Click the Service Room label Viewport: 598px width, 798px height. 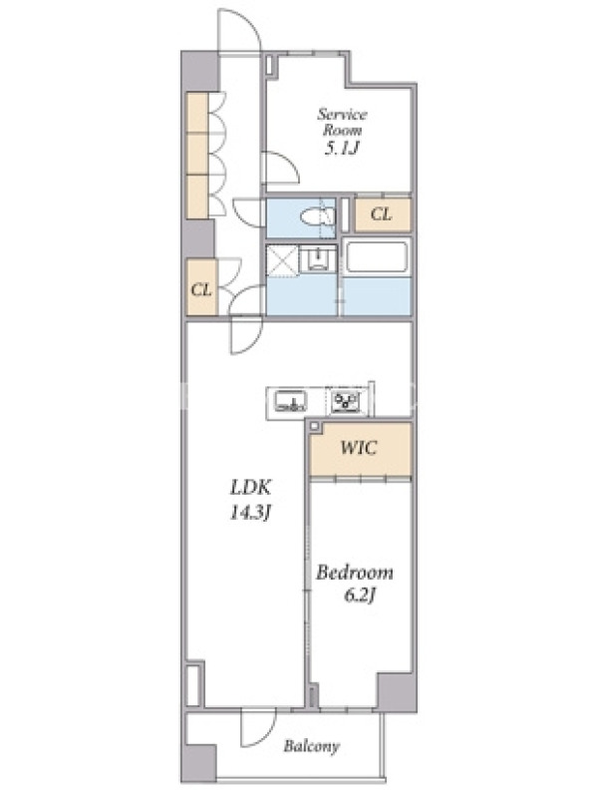pyautogui.click(x=342, y=122)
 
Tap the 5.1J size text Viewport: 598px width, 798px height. pyautogui.click(x=342, y=148)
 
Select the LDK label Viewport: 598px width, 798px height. pyautogui.click(x=251, y=488)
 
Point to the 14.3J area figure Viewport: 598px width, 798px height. pyautogui.click(x=250, y=513)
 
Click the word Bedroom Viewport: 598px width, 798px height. pyautogui.click(x=355, y=573)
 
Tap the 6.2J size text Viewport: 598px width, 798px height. pyautogui.click(x=360, y=595)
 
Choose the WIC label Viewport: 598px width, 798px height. pyautogui.click(x=359, y=448)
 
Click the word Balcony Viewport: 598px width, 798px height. pyautogui.click(x=311, y=746)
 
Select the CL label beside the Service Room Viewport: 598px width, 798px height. pyautogui.click(x=382, y=214)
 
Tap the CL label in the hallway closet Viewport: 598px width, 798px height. pyautogui.click(x=201, y=290)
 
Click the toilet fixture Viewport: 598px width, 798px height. pyautogui.click(x=317, y=217)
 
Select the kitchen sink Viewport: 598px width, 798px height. pyautogui.click(x=290, y=401)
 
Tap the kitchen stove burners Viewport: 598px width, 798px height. pyautogui.click(x=346, y=401)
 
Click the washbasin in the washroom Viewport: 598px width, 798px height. pyautogui.click(x=318, y=259)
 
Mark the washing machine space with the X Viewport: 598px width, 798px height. pyautogui.click(x=282, y=261)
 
